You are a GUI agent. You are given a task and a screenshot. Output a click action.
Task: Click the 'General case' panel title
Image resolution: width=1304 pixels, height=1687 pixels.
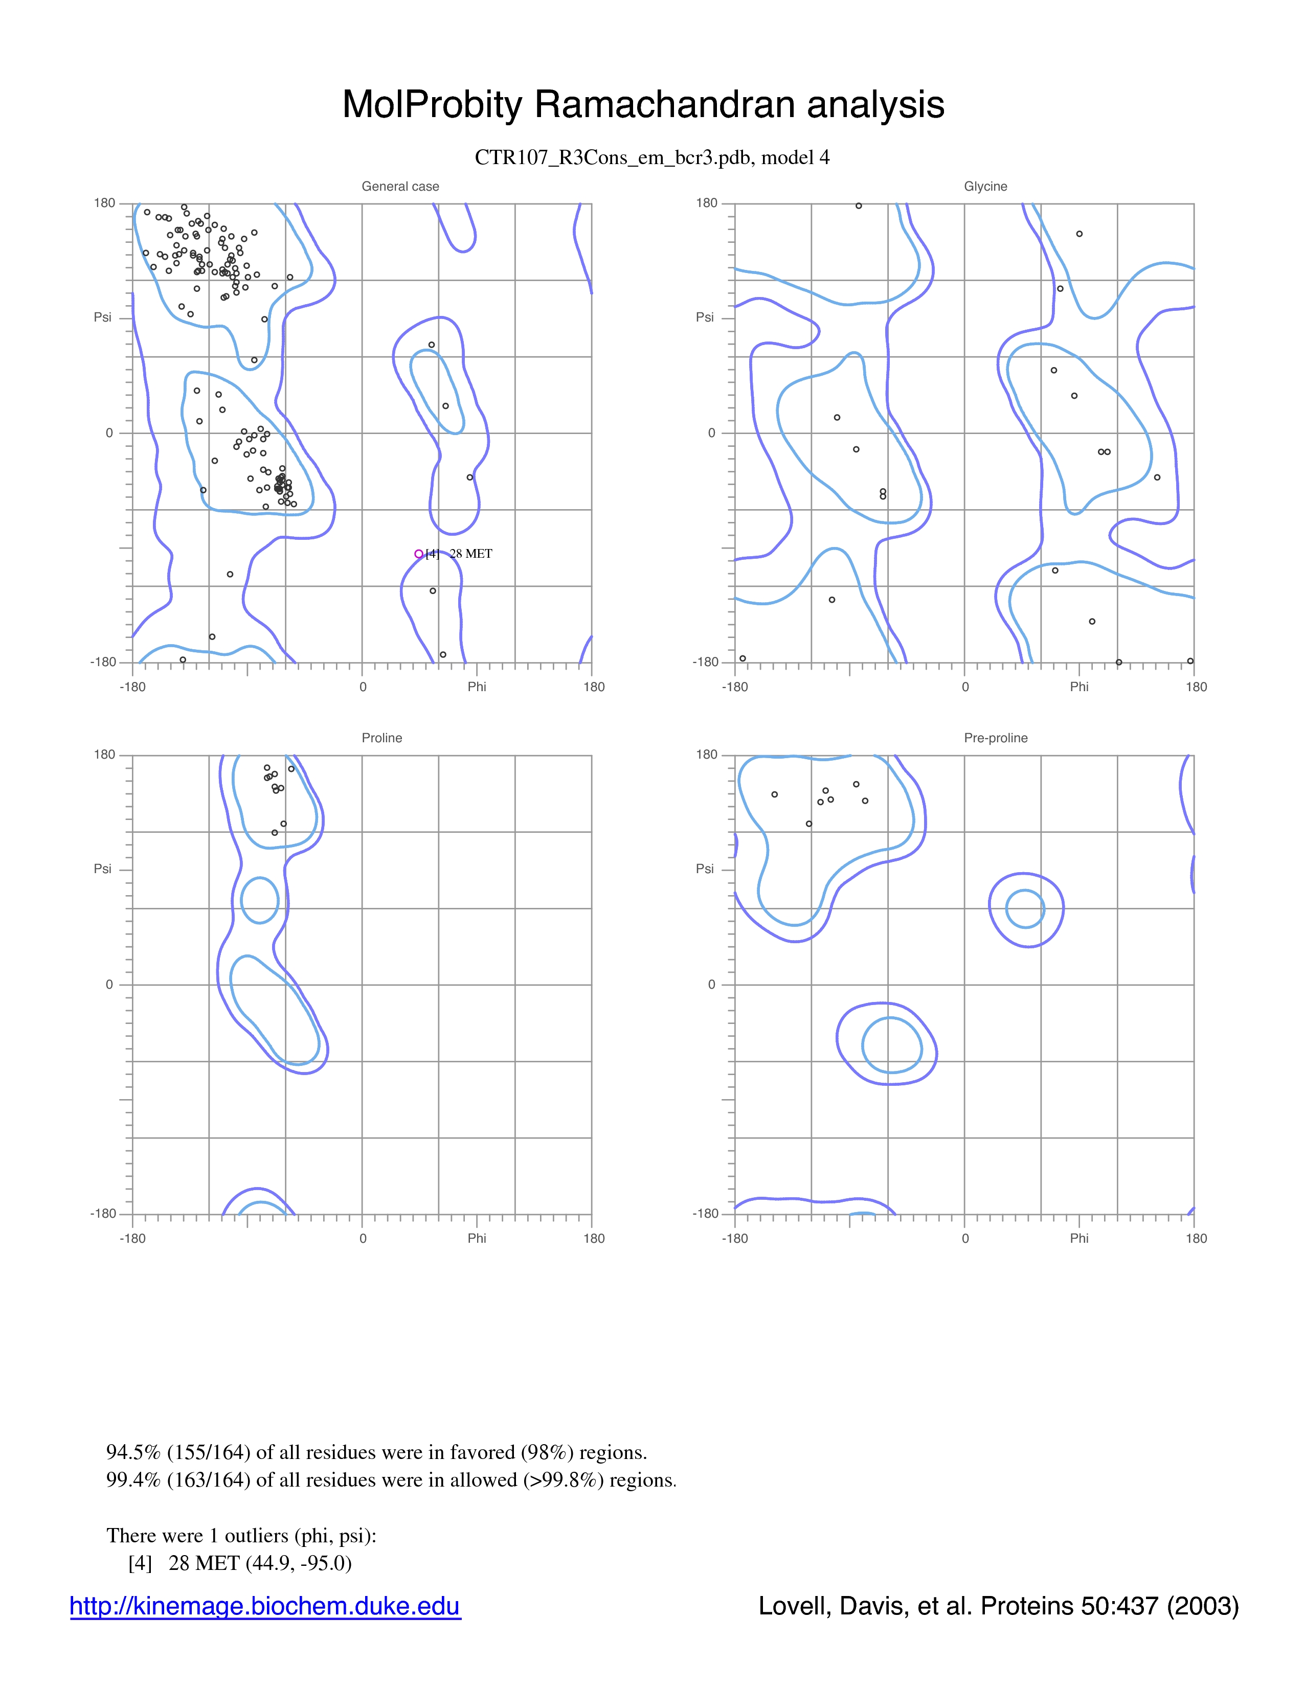(400, 186)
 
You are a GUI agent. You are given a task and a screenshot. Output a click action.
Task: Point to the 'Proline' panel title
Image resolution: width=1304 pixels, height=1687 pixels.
(381, 738)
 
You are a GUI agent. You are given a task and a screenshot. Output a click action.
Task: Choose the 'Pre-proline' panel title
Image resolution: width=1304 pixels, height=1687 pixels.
(996, 738)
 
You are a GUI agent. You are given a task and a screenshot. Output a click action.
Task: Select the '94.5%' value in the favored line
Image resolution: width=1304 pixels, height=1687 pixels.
(133, 1452)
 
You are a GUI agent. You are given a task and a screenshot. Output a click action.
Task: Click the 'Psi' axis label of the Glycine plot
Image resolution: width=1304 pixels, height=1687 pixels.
(705, 317)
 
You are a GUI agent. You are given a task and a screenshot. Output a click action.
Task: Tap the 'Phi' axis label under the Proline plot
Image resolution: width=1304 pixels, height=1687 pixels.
(477, 1238)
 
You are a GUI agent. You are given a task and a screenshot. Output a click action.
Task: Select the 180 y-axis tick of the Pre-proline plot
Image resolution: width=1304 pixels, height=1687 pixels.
(707, 755)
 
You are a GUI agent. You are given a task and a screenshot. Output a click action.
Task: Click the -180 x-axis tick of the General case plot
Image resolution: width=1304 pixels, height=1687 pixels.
(133, 687)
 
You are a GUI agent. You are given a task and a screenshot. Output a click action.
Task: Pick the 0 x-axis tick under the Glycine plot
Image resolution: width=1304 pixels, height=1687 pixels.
(965, 687)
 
